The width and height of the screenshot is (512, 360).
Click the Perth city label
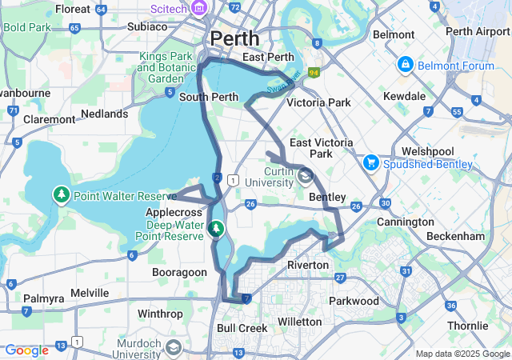[x=234, y=38]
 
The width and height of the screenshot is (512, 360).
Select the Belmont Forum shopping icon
[x=406, y=64]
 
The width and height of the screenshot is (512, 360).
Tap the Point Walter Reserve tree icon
[x=62, y=194]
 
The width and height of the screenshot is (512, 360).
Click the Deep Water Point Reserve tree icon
[x=215, y=230]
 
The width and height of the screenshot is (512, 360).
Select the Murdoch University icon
[x=174, y=348]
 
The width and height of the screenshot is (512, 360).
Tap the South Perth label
[x=209, y=98]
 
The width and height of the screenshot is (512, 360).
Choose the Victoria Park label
[x=318, y=102]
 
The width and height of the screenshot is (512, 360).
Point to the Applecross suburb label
[x=173, y=213]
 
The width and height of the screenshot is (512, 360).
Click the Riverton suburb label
[x=308, y=265]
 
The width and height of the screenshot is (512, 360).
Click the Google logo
[x=26, y=350]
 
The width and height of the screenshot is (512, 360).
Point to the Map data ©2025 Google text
[x=462, y=354]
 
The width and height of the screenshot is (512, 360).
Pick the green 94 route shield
[x=314, y=73]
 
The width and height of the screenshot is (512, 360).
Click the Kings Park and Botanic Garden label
[x=166, y=67]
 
